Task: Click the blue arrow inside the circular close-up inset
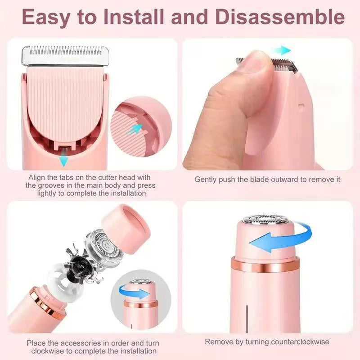tap(134, 130)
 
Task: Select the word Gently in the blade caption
tap(205, 179)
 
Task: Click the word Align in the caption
tap(37, 177)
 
